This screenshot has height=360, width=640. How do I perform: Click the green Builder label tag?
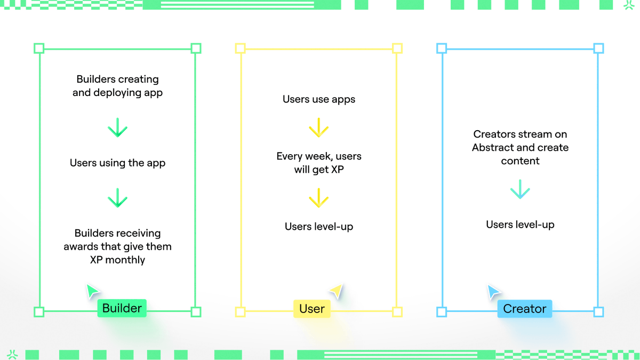coord(122,308)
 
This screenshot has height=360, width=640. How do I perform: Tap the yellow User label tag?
coord(312,309)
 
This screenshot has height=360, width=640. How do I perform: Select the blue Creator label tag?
coord(524,309)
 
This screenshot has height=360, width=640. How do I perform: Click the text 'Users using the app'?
coord(117,163)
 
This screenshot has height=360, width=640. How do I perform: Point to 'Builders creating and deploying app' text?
coord(117,86)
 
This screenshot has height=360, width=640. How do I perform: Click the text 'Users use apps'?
coord(319,99)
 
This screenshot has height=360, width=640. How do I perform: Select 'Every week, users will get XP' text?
coord(319,163)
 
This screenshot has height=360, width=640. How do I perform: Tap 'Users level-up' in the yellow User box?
coord(319,227)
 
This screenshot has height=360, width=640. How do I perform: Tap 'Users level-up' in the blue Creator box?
coord(520,225)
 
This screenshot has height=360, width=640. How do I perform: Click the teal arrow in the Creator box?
coord(520,190)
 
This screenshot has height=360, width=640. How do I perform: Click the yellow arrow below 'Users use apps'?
coord(319,128)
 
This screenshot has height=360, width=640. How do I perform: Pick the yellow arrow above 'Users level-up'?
coord(319,198)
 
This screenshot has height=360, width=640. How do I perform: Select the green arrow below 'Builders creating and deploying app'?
coord(117,128)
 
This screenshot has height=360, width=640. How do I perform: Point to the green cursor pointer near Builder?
coord(92,291)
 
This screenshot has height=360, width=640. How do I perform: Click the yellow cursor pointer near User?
coord(335,291)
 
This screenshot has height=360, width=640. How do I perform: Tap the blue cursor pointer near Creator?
coord(493,291)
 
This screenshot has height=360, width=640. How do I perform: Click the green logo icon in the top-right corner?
coord(629,5)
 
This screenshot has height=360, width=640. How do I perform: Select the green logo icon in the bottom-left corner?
coord(12,355)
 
